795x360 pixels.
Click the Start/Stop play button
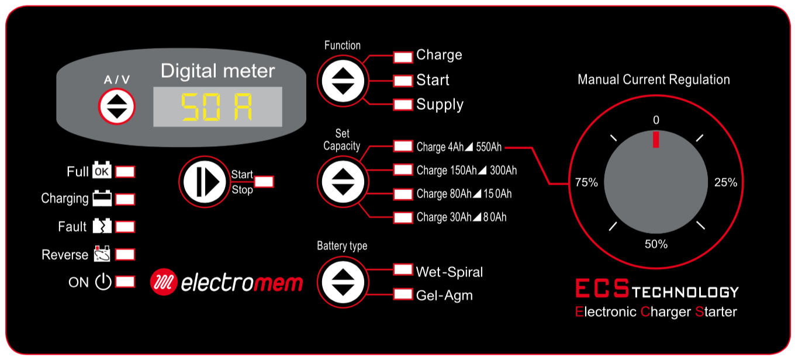[204, 182]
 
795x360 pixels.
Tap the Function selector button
[343, 81]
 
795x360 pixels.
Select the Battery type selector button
[343, 282]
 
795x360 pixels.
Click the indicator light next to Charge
[403, 57]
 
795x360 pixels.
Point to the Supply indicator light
[403, 105]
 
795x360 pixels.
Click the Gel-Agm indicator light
[403, 295]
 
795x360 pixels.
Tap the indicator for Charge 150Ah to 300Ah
[403, 170]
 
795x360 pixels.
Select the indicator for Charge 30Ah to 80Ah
[403, 217]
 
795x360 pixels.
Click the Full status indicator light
[125, 172]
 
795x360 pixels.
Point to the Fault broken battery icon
[102, 226]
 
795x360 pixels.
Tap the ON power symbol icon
[103, 282]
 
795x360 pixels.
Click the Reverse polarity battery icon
[102, 254]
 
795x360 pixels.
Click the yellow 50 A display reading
[217, 107]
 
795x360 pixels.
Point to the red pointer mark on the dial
[656, 140]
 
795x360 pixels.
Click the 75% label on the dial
[586, 182]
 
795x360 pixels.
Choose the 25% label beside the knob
[726, 182]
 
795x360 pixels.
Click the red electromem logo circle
[164, 282]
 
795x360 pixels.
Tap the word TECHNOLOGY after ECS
[685, 292]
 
